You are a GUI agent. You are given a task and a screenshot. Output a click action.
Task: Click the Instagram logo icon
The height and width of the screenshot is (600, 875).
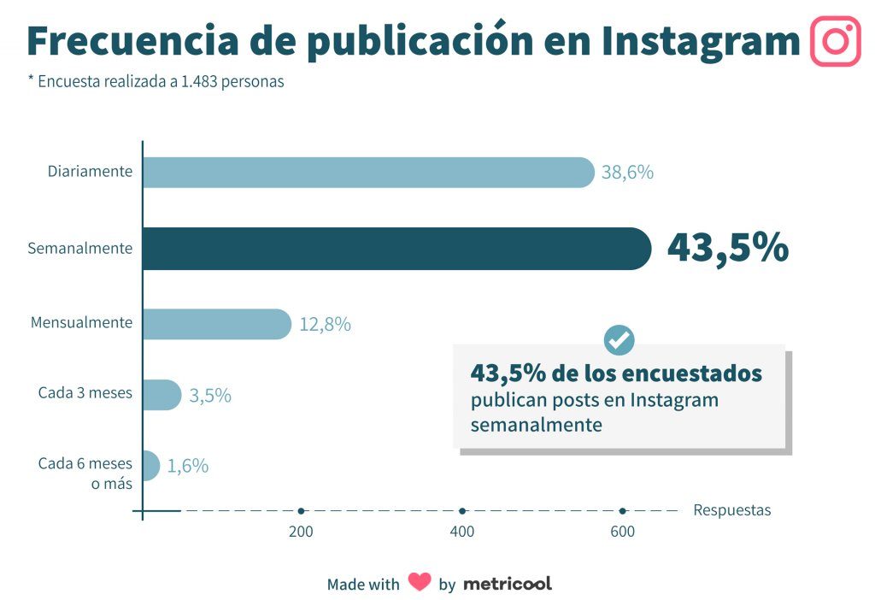835,41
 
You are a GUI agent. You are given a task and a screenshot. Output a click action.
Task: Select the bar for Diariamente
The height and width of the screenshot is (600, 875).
367,172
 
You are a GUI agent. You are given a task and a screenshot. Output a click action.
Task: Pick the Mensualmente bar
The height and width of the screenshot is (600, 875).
216,324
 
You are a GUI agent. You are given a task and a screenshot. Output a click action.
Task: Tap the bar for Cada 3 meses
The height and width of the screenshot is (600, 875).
161,395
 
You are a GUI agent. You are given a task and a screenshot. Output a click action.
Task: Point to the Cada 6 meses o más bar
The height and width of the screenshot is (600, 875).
150,466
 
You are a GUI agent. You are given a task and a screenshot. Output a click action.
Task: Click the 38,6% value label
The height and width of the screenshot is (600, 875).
627,173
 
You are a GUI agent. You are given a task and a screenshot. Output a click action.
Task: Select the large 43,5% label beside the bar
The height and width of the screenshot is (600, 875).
727,248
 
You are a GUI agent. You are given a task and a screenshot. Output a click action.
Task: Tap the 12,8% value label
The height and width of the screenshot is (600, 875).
325,325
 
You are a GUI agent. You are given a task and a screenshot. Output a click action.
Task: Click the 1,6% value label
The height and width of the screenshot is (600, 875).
188,467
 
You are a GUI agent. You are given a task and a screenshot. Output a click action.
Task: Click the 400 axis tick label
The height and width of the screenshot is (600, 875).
461,532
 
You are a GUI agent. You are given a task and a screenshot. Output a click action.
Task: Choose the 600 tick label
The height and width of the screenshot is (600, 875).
622,532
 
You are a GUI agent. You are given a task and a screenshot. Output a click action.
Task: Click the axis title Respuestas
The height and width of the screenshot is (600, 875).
731,510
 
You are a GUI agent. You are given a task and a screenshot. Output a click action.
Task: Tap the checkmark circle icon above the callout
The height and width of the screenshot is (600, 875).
619,340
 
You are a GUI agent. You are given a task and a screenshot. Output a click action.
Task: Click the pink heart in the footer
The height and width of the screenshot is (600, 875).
420,583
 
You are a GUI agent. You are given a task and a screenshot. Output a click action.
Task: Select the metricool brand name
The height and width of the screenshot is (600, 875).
508,584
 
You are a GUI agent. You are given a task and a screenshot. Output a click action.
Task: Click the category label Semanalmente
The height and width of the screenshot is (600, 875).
80,249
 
